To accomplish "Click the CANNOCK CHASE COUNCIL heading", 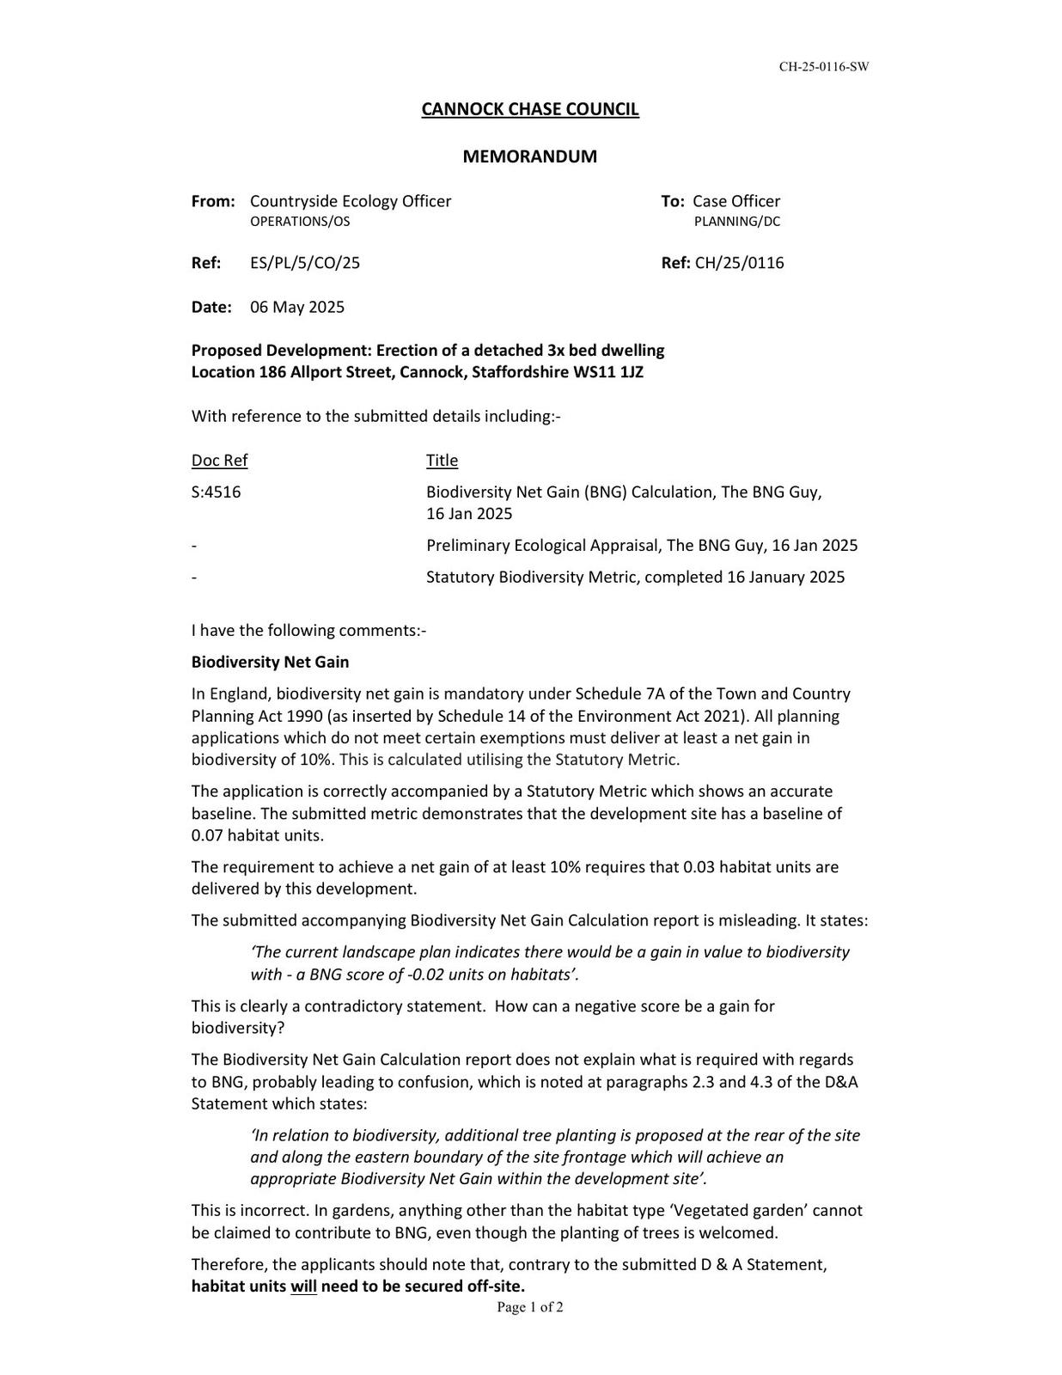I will [x=529, y=109].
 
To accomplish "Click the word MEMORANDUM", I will [x=529, y=156].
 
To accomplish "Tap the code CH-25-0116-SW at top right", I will [x=823, y=67].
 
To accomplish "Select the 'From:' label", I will [x=213, y=201].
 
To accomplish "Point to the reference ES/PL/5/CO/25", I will [x=305, y=263].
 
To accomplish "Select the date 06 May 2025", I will [x=297, y=308].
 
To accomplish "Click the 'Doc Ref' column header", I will [x=219, y=461].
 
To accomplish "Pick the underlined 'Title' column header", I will [x=442, y=461].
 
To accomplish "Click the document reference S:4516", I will [x=216, y=492].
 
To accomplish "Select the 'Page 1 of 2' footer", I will [x=529, y=1308].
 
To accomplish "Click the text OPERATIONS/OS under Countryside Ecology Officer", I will [x=300, y=222].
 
